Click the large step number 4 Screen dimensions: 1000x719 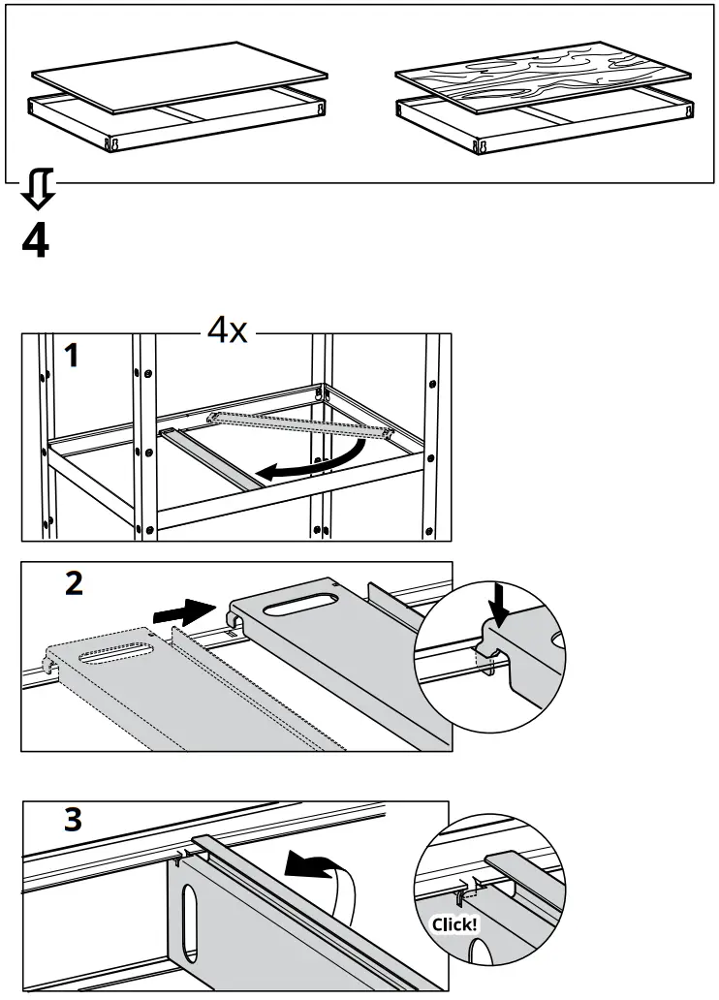(35, 240)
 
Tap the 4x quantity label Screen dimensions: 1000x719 (227, 331)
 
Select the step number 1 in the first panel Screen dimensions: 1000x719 (71, 356)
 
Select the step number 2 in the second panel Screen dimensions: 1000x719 (72, 584)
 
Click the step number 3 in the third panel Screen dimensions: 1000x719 (72, 820)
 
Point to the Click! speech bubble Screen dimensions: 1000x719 (453, 923)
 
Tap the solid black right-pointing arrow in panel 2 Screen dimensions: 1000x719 (184, 611)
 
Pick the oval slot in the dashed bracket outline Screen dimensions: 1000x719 (116, 655)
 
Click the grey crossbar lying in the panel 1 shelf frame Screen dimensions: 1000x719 (208, 459)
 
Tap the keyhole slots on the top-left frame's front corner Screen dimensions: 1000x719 (113, 142)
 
